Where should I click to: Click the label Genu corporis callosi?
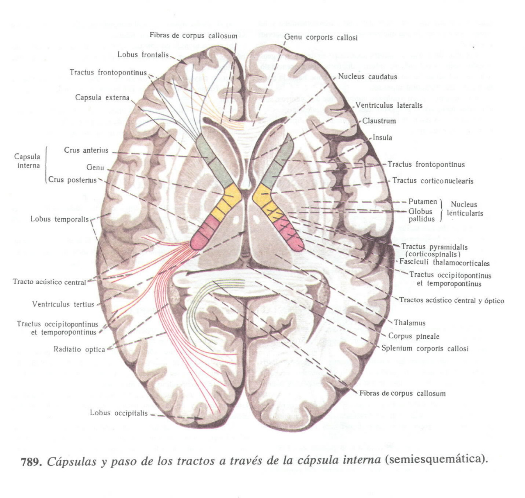point(321,37)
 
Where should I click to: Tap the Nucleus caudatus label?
point(367,77)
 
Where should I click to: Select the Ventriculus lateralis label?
point(389,105)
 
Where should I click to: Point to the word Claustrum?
point(379,121)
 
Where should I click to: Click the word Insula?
point(382,138)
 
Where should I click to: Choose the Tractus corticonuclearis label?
point(433,181)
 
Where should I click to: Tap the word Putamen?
point(422,201)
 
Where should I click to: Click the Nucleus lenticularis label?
point(465,209)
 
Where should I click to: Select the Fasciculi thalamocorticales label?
point(445,263)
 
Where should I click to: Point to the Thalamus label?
point(410,323)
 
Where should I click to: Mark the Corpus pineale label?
point(414,336)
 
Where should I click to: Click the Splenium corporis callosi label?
point(425,349)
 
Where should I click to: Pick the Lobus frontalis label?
point(143,54)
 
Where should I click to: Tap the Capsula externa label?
point(102,97)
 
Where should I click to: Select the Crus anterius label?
point(86,150)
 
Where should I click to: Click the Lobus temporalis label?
point(59,219)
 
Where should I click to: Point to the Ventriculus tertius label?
point(63,304)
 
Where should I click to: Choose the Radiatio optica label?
point(79,349)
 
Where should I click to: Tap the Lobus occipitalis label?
point(119,413)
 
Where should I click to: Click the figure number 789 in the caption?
point(31,462)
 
